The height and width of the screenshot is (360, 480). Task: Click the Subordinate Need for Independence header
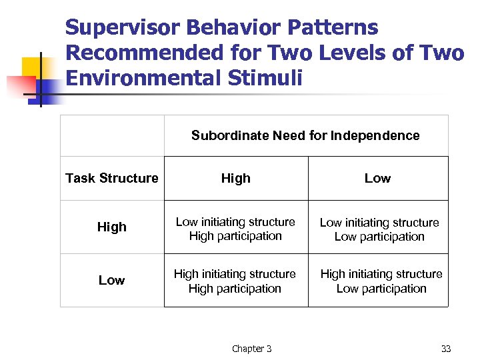pos(305,135)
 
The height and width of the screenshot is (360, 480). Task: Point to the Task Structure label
pos(112,178)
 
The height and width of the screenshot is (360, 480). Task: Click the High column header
pos(236,178)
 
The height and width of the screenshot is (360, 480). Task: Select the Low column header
pos(377,178)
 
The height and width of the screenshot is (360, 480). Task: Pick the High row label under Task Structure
pos(111,227)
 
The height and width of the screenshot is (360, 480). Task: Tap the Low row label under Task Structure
pos(111,280)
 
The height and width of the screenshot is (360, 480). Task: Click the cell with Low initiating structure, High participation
pos(235,229)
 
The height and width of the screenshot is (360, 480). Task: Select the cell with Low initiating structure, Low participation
pos(379,229)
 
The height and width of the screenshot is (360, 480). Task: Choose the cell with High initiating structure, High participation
pos(235,281)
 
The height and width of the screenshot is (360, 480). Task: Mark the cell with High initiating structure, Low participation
pos(381,281)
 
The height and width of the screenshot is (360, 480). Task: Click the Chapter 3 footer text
pos(251,349)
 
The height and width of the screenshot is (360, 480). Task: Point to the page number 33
pos(445,349)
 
